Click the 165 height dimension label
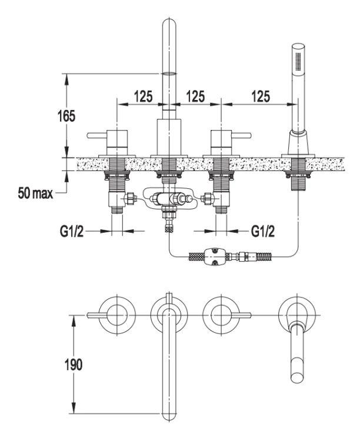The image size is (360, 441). [x=66, y=116]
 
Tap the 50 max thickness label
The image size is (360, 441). [x=35, y=193]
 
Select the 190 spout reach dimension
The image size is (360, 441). [x=74, y=365]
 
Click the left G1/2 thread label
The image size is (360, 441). [x=72, y=232]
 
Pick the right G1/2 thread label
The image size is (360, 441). [x=263, y=232]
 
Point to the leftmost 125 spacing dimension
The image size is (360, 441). [x=143, y=96]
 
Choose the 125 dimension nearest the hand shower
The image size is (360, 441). [x=261, y=96]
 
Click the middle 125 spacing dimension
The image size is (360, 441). [x=195, y=96]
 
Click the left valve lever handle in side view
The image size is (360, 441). [x=97, y=136]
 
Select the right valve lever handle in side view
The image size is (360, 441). [x=241, y=136]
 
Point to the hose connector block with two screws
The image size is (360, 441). [x=215, y=256]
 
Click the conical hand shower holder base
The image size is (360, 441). [x=298, y=143]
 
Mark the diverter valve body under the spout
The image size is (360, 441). [x=168, y=199]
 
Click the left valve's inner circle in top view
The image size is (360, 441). [x=117, y=315]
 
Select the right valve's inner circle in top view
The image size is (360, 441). [x=221, y=315]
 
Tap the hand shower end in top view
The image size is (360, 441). [x=297, y=377]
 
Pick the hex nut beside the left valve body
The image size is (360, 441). [x=130, y=198]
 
